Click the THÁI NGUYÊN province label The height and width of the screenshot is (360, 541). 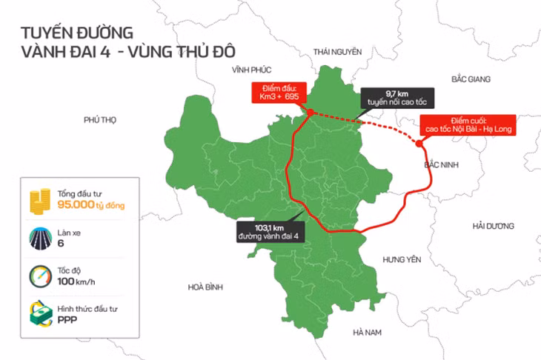click(x=337, y=52)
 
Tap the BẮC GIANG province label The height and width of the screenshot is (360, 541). click(x=473, y=78)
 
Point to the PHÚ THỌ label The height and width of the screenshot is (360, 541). click(x=101, y=119)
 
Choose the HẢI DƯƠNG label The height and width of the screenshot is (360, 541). click(x=493, y=225)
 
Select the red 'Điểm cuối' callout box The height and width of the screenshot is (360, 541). click(x=467, y=124)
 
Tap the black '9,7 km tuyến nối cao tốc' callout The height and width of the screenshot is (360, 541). click(x=396, y=99)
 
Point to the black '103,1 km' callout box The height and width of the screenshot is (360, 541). click(x=268, y=232)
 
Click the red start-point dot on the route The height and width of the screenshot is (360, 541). click(x=310, y=113)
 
